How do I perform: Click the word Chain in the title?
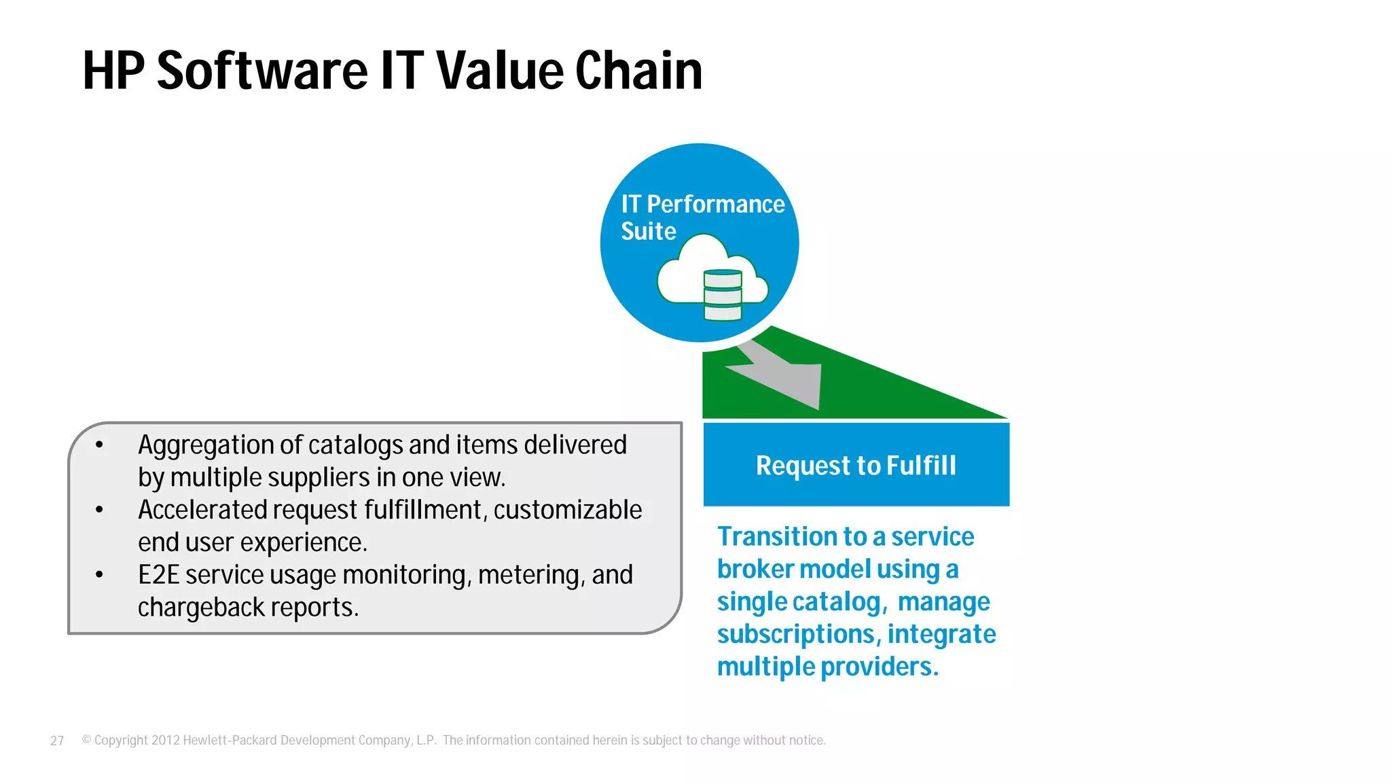[x=638, y=71]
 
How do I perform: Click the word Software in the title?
[x=262, y=71]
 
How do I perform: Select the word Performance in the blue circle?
[x=715, y=204]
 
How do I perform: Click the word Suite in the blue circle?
[x=648, y=231]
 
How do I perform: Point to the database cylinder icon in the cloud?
[x=723, y=295]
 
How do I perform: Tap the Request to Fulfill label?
[x=856, y=466]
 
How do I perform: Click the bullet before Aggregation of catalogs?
[x=99, y=445]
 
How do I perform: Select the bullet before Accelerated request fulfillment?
[x=99, y=510]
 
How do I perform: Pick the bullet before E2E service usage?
[x=99, y=575]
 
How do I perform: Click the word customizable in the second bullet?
[x=567, y=510]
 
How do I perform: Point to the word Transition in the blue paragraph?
[x=777, y=536]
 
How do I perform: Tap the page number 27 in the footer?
[x=57, y=741]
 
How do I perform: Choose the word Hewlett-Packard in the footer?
[x=230, y=740]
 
